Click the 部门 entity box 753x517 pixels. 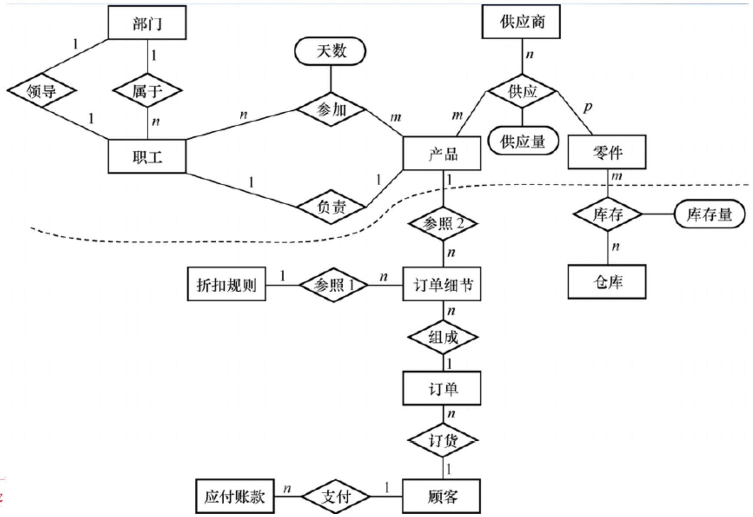147,23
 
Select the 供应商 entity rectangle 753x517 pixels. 521,21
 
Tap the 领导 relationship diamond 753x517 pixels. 41,91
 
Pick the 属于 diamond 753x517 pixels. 147,91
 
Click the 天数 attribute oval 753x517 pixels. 330,51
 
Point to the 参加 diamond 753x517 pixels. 331,109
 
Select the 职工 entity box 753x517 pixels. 147,156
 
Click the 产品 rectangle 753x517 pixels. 442,153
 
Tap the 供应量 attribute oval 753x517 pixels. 523,141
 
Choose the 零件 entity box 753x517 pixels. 607,152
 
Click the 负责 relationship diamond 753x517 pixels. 331,207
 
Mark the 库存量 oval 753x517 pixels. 709,214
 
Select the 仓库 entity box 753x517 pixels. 607,282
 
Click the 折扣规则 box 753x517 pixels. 226,284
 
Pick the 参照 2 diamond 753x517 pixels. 443,224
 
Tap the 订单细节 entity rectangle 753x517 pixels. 442,284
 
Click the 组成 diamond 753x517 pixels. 443,337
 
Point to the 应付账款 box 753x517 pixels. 235,496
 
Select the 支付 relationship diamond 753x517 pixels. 335,496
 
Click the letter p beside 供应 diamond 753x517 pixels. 587,106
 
